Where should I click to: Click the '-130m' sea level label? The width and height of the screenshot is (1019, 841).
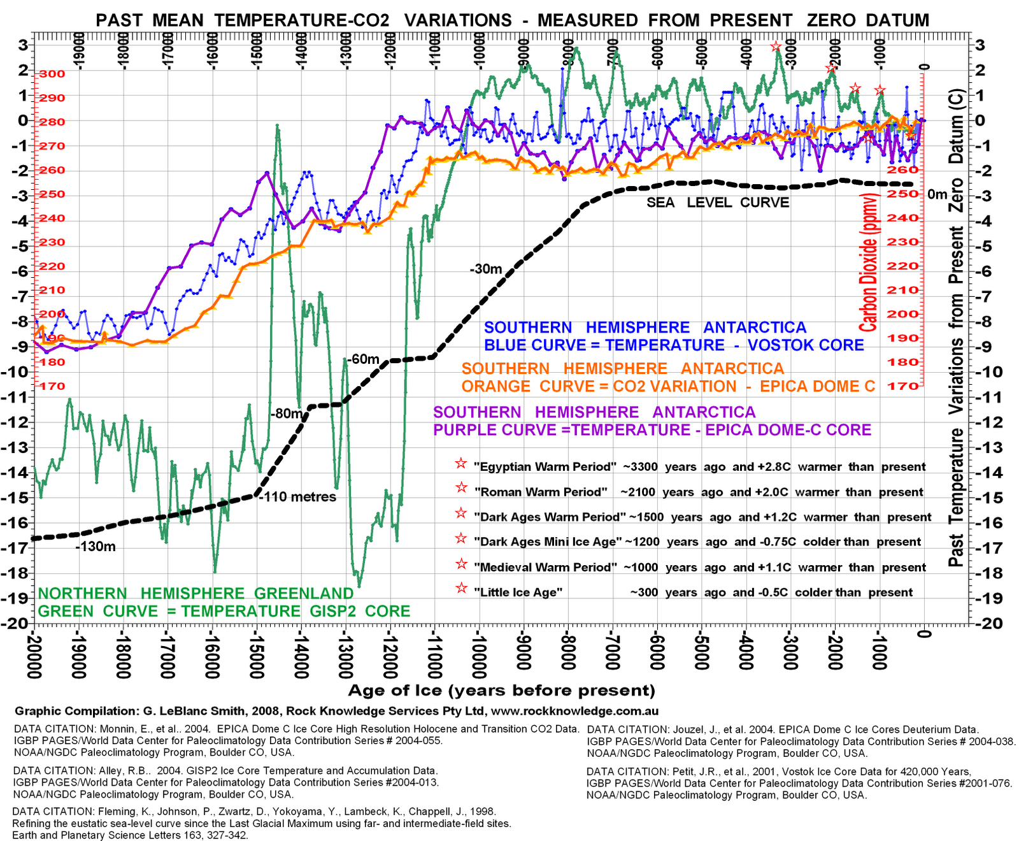click(x=96, y=547)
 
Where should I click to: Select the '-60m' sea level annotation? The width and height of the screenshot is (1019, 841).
click(x=364, y=359)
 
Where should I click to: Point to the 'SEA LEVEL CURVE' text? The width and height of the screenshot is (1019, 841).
click(x=718, y=203)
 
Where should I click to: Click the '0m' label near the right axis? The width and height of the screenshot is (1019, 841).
click(x=937, y=194)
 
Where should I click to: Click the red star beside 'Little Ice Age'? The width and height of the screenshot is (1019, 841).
click(x=461, y=588)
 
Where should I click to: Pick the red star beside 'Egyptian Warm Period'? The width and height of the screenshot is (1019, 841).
click(x=461, y=463)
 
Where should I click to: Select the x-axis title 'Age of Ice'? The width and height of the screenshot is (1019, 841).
click(x=501, y=691)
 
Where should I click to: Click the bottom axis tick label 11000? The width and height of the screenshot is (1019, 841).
click(x=434, y=653)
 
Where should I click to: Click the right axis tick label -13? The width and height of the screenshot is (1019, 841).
click(x=985, y=447)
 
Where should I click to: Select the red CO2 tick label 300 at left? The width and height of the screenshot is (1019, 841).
click(x=52, y=74)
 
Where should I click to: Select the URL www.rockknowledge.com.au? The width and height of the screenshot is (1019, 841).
click(x=574, y=711)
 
